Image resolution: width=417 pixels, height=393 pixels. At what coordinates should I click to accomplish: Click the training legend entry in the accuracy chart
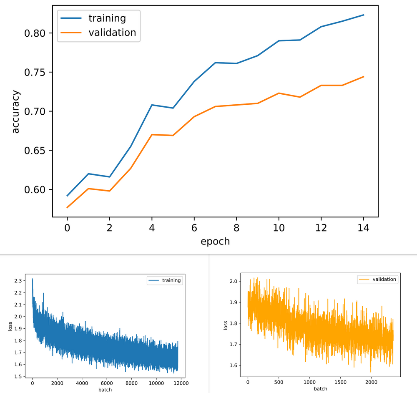[x=107, y=18]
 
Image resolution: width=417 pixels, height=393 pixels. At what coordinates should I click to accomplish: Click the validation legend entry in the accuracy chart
[x=112, y=33]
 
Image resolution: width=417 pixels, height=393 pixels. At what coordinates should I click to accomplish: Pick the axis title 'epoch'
[x=215, y=241]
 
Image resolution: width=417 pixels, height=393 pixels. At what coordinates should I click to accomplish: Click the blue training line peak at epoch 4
[x=152, y=105]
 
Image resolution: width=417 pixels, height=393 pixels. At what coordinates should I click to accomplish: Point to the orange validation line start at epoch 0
[x=67, y=207]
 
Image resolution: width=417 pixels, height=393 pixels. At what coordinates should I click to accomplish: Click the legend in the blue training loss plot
[x=165, y=280]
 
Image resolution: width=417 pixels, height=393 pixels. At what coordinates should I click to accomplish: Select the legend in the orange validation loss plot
[x=377, y=280]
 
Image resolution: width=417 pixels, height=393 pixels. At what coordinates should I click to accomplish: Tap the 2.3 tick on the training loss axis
[x=19, y=281]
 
